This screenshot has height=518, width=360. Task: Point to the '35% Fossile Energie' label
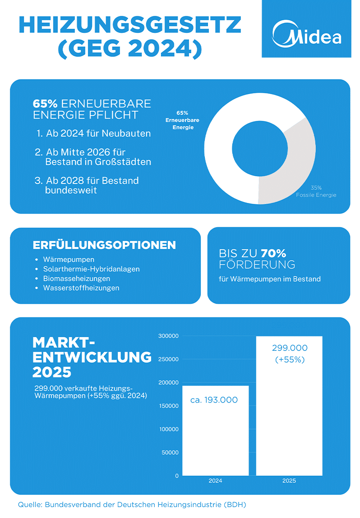tap(316, 192)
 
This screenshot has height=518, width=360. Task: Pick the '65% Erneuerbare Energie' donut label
tap(182, 120)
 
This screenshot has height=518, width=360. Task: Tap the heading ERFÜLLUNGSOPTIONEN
tap(104, 245)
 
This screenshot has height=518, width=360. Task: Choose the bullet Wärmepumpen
tap(69, 260)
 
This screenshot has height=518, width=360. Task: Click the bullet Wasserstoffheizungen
tap(81, 288)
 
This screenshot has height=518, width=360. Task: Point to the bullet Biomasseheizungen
tap(77, 279)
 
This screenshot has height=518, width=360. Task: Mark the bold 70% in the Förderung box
tap(273, 253)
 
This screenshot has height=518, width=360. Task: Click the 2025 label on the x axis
tap(289, 481)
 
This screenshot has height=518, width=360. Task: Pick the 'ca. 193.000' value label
tap(214, 400)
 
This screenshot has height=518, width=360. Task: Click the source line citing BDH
tap(132, 504)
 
